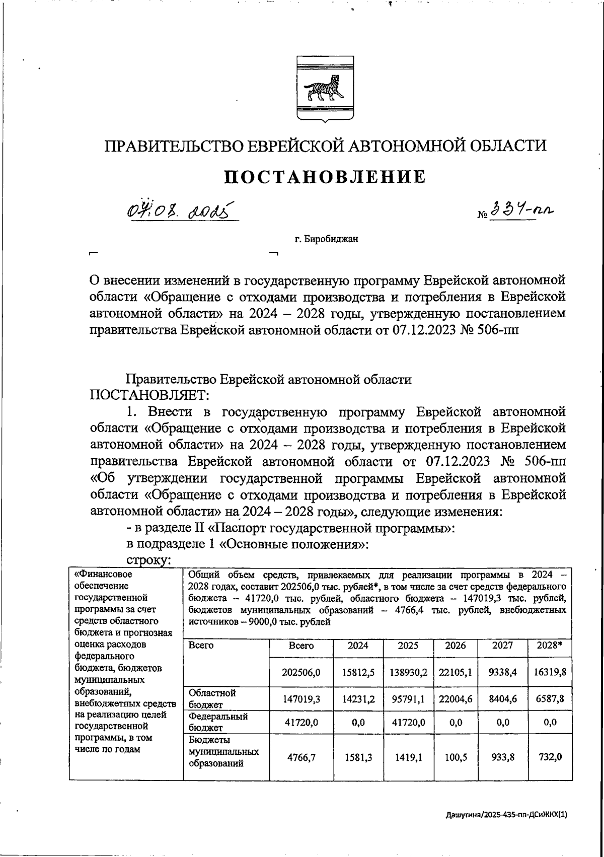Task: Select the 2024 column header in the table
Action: pyautogui.click(x=358, y=646)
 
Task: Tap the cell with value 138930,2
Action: pyautogui.click(x=408, y=672)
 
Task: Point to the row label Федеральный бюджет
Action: pyautogui.click(x=218, y=722)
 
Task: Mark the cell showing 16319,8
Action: pyautogui.click(x=550, y=672)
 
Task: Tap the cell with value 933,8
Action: pyautogui.click(x=503, y=757)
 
